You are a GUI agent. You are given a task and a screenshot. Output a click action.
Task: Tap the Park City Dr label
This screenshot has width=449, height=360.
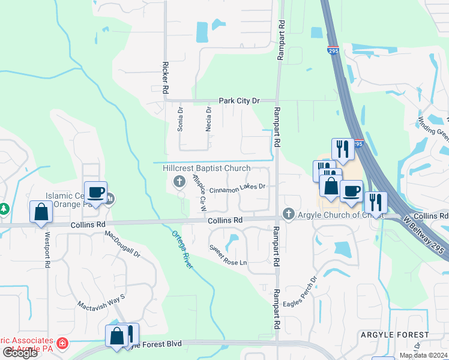pos(238,101)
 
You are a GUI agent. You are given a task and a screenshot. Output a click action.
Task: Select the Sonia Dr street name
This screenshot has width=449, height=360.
pos(179,119)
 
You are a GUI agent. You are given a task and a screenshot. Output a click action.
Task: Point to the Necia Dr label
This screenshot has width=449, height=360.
pos(209,119)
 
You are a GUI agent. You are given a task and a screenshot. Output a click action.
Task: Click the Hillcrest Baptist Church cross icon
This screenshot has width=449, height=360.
pos(178,181)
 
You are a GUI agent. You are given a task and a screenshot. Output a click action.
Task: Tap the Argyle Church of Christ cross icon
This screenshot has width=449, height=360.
pos(288,214)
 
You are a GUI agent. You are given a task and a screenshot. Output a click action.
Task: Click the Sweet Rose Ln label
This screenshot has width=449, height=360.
pos(228,255)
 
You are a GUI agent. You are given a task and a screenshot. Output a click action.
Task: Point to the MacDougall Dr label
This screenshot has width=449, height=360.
pos(122,245)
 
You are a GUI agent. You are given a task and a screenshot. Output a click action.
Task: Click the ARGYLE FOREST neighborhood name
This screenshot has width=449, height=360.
pos(394,334)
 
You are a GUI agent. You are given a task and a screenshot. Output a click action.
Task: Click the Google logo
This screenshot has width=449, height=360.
pos(19,353)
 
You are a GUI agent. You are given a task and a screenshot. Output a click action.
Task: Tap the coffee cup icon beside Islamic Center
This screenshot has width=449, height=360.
pos(96,193)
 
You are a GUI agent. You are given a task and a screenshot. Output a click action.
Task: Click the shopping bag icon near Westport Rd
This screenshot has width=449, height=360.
pos(41,212)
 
